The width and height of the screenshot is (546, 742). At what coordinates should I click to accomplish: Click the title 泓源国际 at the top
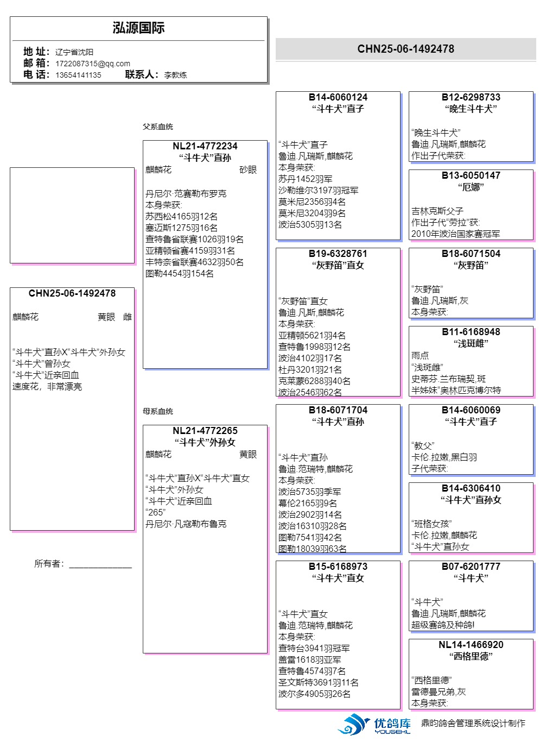138,28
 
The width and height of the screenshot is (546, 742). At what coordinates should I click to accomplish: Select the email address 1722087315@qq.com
93,64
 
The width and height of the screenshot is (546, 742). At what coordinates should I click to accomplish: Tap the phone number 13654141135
78,75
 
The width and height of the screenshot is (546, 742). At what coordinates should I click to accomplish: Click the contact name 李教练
175,75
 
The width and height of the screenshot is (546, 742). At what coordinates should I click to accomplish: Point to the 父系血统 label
158,127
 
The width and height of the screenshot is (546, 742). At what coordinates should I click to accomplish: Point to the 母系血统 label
158,411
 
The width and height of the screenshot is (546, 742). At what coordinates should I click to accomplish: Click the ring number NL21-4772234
205,146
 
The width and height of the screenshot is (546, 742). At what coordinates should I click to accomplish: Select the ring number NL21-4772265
205,431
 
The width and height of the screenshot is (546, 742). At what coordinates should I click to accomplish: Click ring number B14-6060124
338,97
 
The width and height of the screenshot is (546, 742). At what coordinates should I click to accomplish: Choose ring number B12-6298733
471,97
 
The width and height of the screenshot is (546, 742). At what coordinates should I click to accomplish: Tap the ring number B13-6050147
471,175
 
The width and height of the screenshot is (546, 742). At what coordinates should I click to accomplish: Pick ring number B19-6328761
338,254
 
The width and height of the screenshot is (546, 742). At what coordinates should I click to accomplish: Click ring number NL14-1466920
471,645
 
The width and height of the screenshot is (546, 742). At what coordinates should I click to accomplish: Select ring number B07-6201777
471,567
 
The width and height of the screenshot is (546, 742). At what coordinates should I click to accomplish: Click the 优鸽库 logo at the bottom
374,724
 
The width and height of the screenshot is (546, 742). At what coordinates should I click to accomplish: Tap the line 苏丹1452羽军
306,179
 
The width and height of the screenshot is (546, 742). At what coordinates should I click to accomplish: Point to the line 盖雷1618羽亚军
310,659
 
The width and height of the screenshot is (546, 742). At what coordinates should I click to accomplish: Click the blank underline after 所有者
100,568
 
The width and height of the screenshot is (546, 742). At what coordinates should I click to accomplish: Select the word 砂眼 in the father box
248,170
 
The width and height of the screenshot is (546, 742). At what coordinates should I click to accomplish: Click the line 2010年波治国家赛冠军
456,234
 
